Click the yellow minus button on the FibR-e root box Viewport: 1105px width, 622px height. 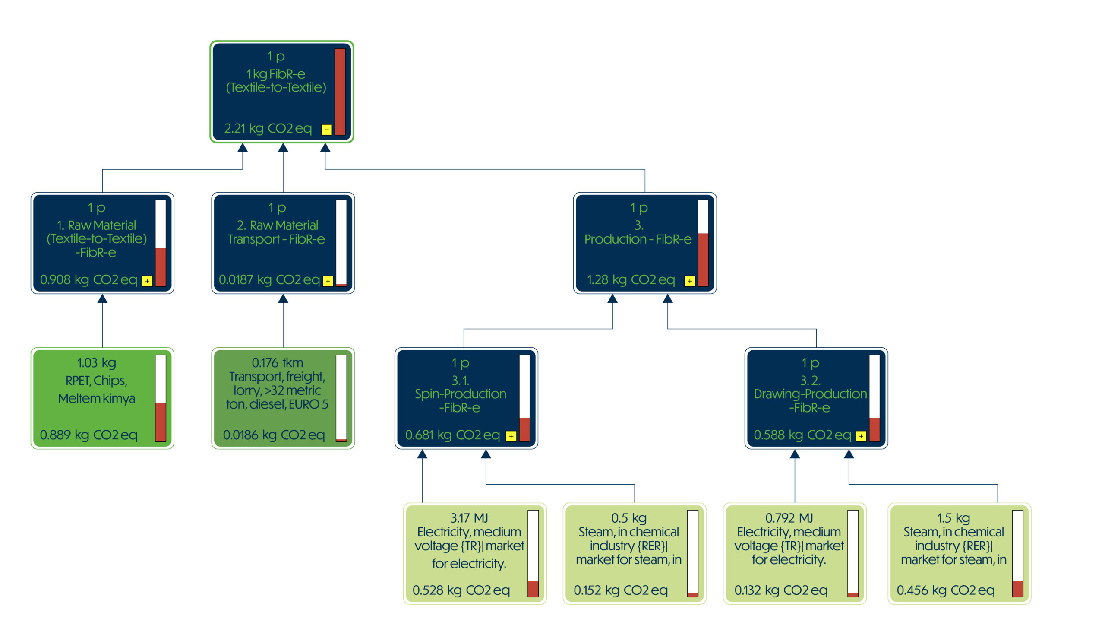click(x=326, y=129)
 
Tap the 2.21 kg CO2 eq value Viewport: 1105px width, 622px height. click(x=268, y=128)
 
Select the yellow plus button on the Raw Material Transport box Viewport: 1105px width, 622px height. click(x=328, y=281)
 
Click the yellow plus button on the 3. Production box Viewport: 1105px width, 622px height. click(x=690, y=281)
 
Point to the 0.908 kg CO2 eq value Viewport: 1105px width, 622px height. click(x=88, y=280)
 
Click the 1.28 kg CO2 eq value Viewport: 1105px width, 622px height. click(x=631, y=280)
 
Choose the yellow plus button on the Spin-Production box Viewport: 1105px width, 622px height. click(x=511, y=436)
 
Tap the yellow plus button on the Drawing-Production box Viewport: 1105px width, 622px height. click(x=861, y=436)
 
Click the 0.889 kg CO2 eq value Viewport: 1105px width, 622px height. click(x=88, y=435)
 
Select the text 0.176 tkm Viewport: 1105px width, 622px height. click(x=278, y=362)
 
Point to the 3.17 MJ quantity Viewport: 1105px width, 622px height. click(x=469, y=517)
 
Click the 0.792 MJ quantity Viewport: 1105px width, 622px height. click(x=789, y=517)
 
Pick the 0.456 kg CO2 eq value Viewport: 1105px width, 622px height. click(x=946, y=590)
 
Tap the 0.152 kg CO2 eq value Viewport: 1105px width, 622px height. click(x=621, y=590)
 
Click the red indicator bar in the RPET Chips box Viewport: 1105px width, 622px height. click(x=161, y=422)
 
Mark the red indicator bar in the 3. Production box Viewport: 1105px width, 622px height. click(x=703, y=260)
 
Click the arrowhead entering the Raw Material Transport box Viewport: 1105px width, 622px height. click(x=283, y=298)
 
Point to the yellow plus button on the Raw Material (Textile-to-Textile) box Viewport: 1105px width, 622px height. click(x=147, y=281)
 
